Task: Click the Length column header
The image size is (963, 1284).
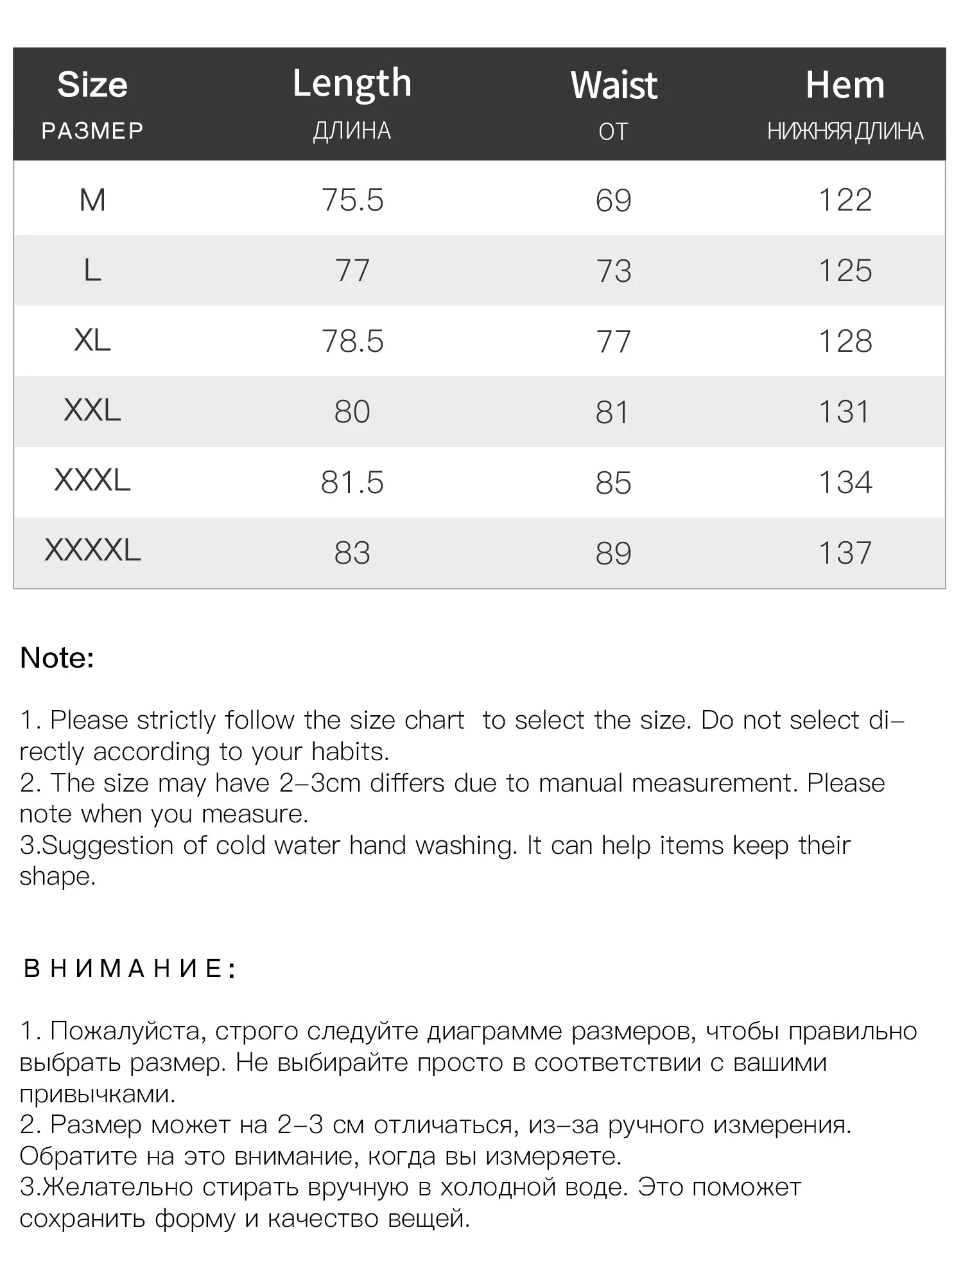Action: [x=352, y=83]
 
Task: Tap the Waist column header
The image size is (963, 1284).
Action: [x=614, y=85]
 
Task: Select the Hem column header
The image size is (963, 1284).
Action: [x=845, y=85]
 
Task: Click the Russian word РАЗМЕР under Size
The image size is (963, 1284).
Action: [x=92, y=131]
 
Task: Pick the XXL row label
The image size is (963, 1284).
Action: [x=92, y=410]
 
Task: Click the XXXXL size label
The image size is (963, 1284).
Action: [x=92, y=551]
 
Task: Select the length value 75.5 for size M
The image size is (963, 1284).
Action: [x=352, y=200]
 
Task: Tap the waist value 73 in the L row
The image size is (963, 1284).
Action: [x=614, y=270]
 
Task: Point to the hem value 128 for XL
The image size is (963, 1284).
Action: [x=845, y=341]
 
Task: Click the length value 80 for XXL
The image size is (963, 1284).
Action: [x=352, y=412]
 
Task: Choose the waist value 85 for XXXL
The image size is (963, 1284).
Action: [x=614, y=483]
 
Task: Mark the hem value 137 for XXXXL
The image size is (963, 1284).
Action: [x=845, y=553]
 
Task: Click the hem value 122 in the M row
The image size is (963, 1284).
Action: [x=845, y=200]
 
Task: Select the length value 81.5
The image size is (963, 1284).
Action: [x=352, y=483]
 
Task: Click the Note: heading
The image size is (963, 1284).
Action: [x=57, y=658]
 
